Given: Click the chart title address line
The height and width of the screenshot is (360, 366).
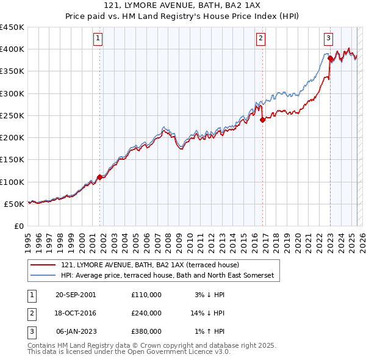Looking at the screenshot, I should [x=182, y=5].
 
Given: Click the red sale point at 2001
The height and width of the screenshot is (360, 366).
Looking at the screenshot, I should [x=99, y=178].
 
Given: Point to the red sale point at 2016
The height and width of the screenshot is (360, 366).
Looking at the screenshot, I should [x=262, y=120].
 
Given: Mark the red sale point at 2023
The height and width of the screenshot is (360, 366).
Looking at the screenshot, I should [x=330, y=59].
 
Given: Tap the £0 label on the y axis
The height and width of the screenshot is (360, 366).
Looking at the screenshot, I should [x=18, y=226].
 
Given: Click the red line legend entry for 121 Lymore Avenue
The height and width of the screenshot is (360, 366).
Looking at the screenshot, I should [x=150, y=265].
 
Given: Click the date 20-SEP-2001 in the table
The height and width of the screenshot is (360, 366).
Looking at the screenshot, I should [x=75, y=295].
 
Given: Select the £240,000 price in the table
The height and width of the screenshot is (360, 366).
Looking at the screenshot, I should [x=146, y=313].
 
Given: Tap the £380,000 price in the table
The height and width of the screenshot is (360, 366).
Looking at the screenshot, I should [x=146, y=331].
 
